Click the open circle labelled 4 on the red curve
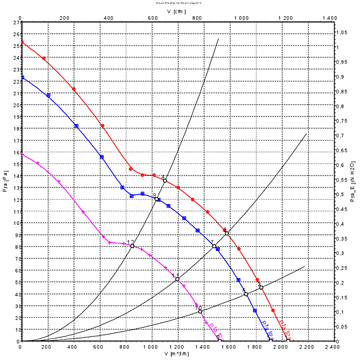click(165, 181)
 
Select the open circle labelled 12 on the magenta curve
click(132, 246)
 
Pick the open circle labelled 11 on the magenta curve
click(177, 279)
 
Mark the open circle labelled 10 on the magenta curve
click(200, 312)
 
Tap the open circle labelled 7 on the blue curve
click(214, 246)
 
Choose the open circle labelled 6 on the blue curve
click(246, 294)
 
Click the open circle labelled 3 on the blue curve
click(157, 199)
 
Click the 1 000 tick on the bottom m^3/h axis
click(152, 347)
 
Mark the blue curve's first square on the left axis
click(21, 77)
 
